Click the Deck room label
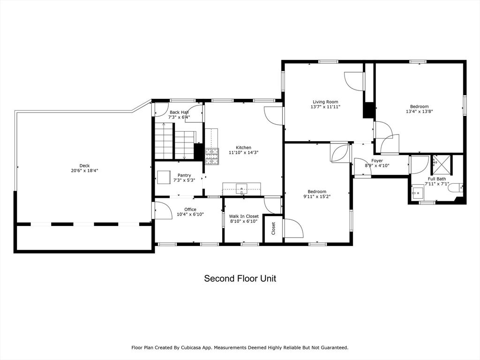tap(84, 165)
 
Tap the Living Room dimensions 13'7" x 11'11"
tap(325, 107)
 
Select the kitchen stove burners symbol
tap(212, 157)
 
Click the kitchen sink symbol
tap(241, 189)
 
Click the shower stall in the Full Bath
tap(442, 165)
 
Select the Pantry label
tap(184, 175)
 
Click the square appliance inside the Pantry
tap(164, 177)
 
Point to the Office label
tap(190, 210)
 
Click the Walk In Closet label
tap(244, 216)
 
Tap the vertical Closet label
tap(273, 228)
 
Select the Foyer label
tap(377, 161)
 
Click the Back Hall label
tap(179, 112)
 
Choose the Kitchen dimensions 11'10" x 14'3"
tap(244, 152)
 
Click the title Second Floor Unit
tap(240, 278)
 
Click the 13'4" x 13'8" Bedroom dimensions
tap(420, 112)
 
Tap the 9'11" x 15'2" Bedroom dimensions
tap(317, 196)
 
